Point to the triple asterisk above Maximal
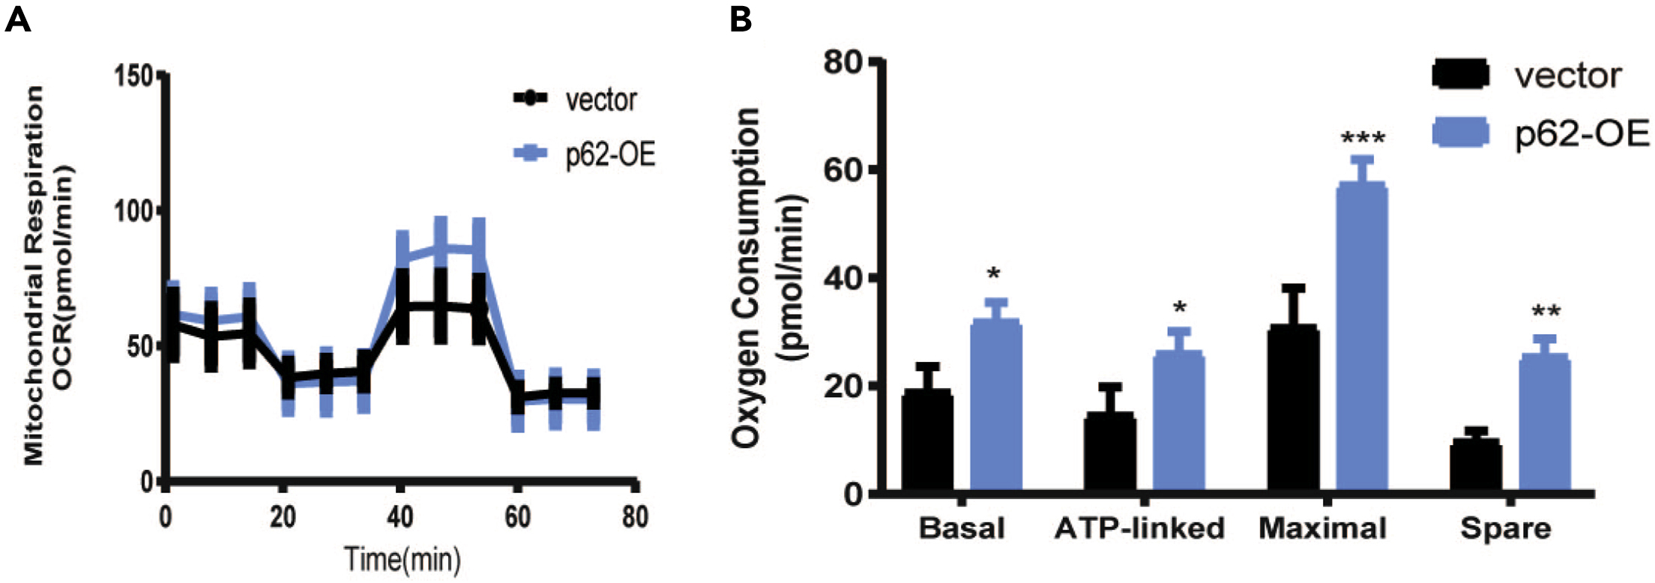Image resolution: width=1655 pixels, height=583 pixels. tap(1363, 139)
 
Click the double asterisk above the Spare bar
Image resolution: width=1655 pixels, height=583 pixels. tap(1546, 312)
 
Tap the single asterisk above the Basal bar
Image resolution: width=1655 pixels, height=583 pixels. tap(994, 274)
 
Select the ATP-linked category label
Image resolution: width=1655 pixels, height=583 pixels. tap(1139, 528)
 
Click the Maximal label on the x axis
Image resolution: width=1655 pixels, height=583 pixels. tap(1322, 528)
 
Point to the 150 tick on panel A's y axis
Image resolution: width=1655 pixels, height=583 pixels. tap(133, 76)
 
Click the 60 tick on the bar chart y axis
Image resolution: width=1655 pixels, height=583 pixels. tap(845, 170)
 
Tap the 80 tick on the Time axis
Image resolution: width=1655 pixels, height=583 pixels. tap(635, 516)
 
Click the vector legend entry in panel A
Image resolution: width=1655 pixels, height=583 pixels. tap(576, 100)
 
